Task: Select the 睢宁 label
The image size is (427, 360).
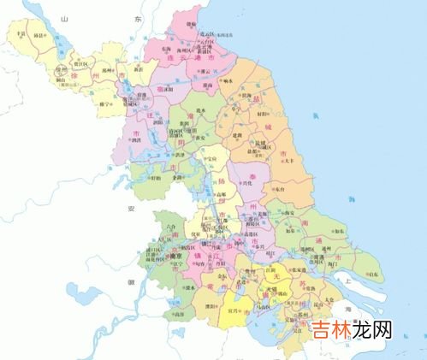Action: coord(104,104)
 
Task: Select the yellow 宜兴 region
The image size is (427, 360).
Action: coord(235,313)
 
